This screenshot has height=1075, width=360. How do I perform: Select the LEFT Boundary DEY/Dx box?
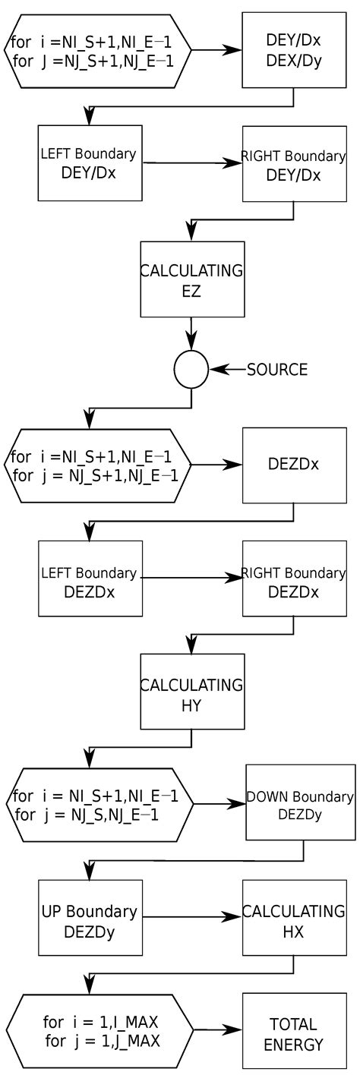90,163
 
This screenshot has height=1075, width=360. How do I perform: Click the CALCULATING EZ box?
191,279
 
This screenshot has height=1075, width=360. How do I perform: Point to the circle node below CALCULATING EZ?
191,370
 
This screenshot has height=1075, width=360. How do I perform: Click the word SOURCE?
277,370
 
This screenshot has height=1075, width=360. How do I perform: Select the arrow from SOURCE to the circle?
227,370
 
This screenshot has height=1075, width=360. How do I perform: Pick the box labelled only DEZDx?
292,465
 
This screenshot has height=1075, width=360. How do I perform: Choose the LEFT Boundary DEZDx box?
90,578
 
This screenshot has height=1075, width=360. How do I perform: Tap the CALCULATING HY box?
191,692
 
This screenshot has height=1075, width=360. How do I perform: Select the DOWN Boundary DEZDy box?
300,802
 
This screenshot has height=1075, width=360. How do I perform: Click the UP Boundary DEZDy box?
90,917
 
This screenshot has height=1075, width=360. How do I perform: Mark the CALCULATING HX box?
292,918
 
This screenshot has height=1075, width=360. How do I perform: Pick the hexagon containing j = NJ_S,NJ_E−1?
99,803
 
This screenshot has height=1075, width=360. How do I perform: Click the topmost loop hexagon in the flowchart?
97,50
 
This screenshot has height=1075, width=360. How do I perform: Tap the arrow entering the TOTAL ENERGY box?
218,1030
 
